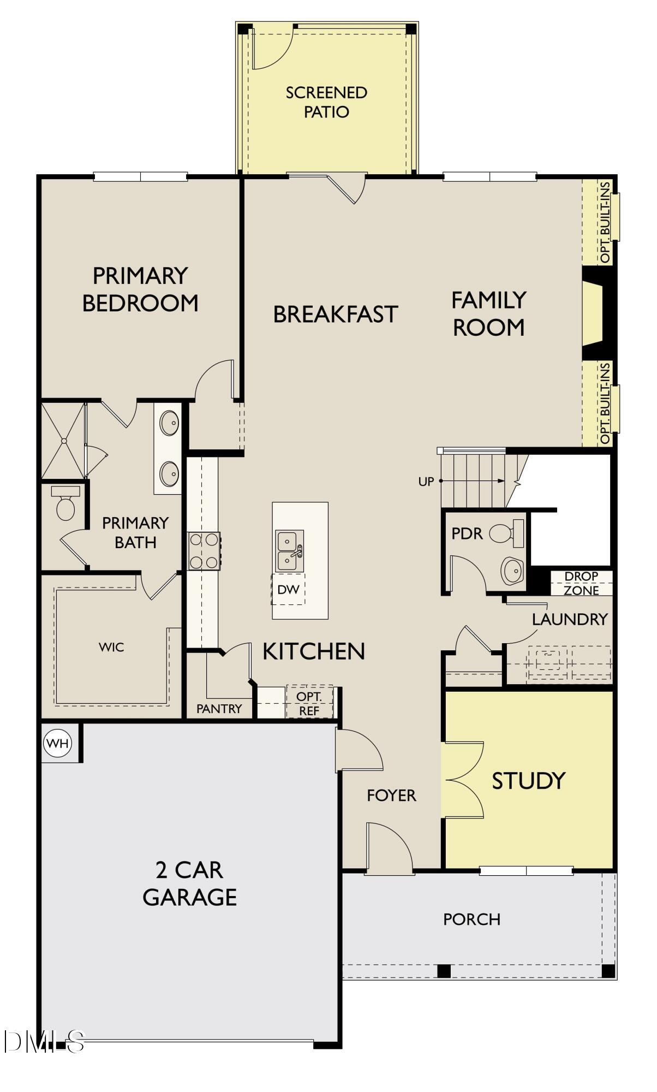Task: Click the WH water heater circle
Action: point(58,743)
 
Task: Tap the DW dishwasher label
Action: point(288,589)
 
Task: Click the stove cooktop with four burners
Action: point(204,551)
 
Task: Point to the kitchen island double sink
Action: point(289,551)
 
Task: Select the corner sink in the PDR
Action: point(513,571)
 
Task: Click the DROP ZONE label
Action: point(581,583)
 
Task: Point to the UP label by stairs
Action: point(426,482)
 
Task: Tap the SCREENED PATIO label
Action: point(326,102)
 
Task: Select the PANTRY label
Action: point(219,709)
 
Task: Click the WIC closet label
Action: point(111,647)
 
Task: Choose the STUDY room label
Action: point(528,781)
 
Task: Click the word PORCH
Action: point(471,919)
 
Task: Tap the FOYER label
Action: point(391,796)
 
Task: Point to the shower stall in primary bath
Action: point(63,441)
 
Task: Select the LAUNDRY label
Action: point(570,619)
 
